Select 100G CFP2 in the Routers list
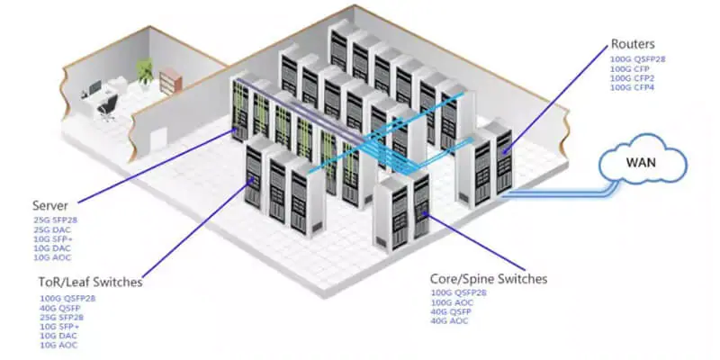click(x=631, y=78)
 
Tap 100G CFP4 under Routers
click(x=631, y=88)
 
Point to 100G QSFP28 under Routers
click(x=636, y=58)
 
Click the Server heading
click(x=50, y=204)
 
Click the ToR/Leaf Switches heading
click(x=90, y=283)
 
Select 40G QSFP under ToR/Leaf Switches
click(x=59, y=307)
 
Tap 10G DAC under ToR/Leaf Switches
click(x=58, y=336)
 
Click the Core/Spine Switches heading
click(x=489, y=279)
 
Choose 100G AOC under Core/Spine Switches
click(x=450, y=301)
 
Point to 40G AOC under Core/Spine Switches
click(x=449, y=320)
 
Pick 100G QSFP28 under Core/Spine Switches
click(x=455, y=292)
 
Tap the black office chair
click(x=107, y=108)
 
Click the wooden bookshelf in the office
click(x=170, y=80)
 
